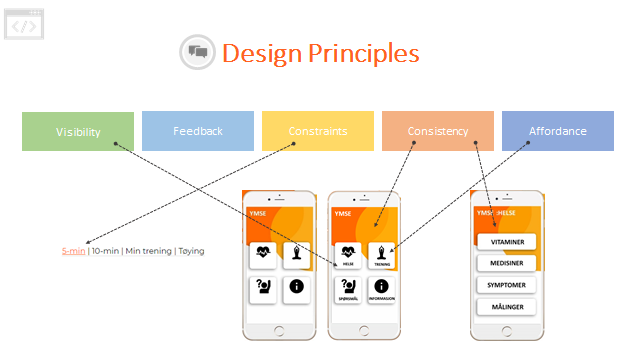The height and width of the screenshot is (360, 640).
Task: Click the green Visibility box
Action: click(78, 131)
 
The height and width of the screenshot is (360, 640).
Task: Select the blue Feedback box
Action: click(198, 131)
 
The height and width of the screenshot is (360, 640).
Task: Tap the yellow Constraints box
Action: click(318, 131)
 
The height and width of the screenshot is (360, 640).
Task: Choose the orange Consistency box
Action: click(438, 131)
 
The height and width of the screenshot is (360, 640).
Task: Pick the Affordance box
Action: click(558, 131)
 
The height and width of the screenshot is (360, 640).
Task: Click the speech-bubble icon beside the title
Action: click(197, 52)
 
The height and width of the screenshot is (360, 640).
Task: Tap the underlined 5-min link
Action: click(73, 250)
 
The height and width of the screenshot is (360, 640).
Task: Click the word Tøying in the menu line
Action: click(191, 250)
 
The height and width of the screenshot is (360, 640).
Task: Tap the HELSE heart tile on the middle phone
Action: click(347, 255)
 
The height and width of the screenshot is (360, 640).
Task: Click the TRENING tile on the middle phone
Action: click(382, 255)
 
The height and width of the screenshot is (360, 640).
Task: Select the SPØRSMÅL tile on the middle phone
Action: click(347, 290)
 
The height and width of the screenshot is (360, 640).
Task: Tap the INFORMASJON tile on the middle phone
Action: click(382, 290)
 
